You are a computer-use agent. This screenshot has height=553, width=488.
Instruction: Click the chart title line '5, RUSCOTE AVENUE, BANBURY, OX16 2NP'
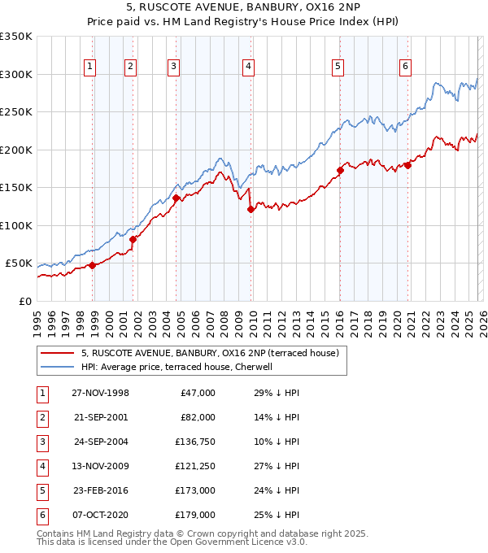pos(244,7)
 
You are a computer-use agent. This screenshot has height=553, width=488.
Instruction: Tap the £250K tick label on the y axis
pos(16,112)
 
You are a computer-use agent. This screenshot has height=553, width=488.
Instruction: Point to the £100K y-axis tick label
pos(16,226)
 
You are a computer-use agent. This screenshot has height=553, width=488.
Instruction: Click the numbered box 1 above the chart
pos(89,67)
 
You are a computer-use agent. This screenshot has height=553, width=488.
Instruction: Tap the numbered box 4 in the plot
pos(247,67)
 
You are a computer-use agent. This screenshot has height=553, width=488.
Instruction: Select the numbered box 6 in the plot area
pos(405,67)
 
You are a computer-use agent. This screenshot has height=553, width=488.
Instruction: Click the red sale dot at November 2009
pos(251,209)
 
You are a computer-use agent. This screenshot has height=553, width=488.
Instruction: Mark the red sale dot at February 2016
pos(341,170)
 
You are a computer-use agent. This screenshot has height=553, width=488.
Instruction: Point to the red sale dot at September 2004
pos(176,198)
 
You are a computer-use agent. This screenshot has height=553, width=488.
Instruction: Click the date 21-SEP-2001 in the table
pos(100,417)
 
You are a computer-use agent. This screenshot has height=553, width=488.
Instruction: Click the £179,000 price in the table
pos(195,515)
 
